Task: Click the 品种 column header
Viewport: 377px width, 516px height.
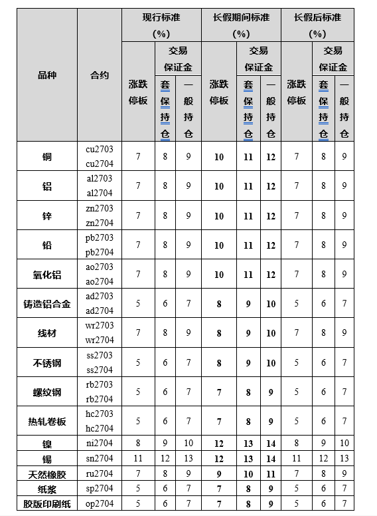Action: pos(46,75)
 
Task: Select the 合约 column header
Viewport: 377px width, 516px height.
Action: pos(100,75)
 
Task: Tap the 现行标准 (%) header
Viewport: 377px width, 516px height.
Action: pos(161,25)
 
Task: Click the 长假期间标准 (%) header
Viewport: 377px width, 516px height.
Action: pos(241,25)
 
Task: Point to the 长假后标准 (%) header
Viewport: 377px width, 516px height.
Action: pos(317,25)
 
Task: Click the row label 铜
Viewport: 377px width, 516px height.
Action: pos(46,157)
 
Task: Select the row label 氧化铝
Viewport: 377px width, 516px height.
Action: pos(46,274)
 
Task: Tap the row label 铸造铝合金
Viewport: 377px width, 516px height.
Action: pos(46,304)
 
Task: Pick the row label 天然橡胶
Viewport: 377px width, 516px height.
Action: pos(46,473)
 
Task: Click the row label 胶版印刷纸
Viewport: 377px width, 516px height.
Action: pos(46,503)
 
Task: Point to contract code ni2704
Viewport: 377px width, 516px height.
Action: pos(100,444)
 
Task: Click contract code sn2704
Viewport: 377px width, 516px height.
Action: pos(100,458)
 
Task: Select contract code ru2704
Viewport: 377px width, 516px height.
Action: pos(100,473)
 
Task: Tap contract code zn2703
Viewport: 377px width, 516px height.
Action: pos(100,208)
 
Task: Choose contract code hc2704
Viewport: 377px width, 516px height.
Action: pos(100,428)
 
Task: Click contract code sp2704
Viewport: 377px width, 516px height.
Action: pos(100,488)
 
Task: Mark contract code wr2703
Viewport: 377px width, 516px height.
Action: pos(100,325)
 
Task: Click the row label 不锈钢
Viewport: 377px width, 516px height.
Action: pos(46,362)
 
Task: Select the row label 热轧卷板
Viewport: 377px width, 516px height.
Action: pos(46,421)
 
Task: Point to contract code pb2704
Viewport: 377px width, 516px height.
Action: pos(100,252)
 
